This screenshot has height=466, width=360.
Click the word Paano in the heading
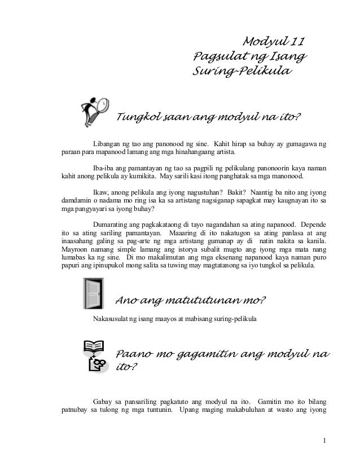coord(134,354)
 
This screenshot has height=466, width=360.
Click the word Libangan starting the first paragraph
coord(107,144)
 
